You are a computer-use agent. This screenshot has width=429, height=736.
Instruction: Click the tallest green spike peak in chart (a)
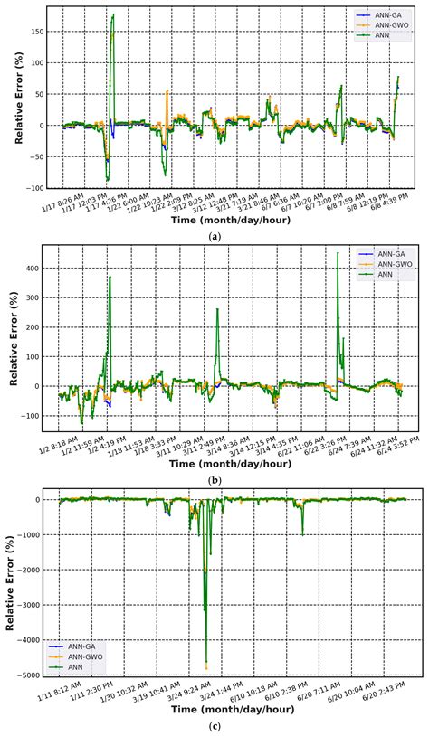(x=113, y=14)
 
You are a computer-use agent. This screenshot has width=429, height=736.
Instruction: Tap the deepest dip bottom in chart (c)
(x=206, y=667)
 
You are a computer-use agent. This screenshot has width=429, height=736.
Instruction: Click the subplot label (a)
(x=214, y=235)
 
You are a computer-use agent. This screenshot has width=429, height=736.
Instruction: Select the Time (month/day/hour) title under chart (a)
(x=214, y=221)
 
